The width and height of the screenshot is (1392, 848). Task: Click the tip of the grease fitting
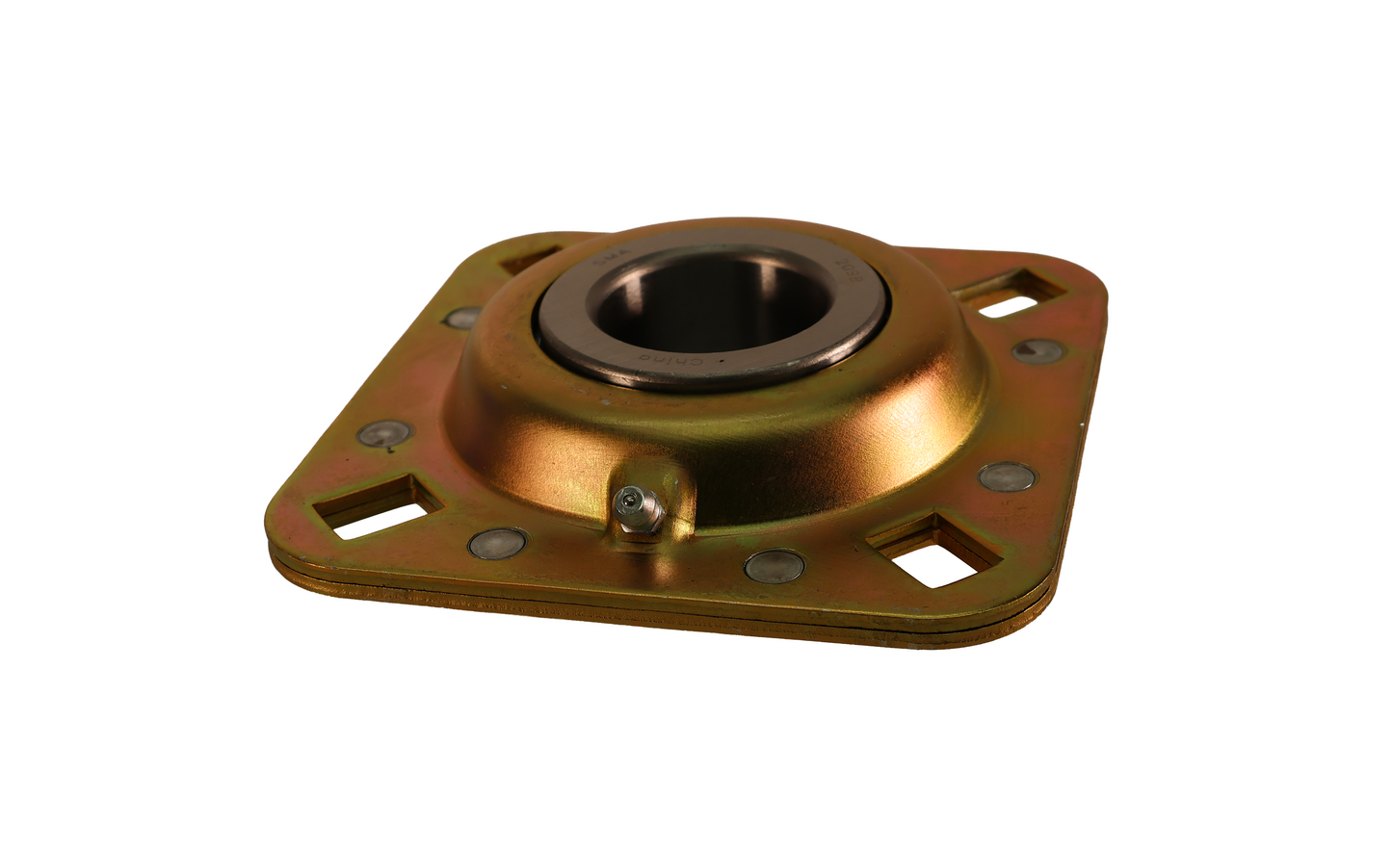(629, 498)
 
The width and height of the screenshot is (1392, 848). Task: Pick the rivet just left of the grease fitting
(497, 542)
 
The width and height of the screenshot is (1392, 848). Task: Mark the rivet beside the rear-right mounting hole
(1038, 349)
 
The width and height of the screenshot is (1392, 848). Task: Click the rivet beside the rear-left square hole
(462, 316)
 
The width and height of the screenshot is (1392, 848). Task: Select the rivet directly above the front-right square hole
(1008, 475)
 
